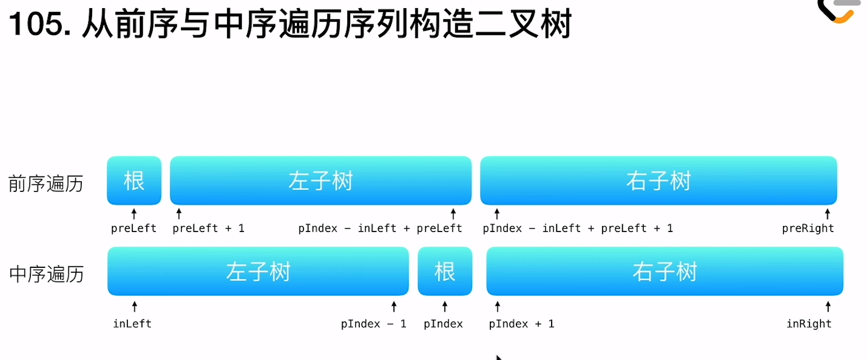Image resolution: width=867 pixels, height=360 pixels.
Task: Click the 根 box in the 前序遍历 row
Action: click(134, 181)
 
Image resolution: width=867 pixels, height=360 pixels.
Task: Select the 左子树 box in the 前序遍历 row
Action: click(320, 181)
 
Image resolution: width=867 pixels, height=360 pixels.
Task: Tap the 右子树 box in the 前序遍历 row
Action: click(658, 181)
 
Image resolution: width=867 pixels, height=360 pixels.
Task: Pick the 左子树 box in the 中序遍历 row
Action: click(258, 271)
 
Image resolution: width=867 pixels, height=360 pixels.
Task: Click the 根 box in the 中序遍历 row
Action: click(445, 271)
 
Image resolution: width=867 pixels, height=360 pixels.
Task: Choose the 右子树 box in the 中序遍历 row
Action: click(664, 271)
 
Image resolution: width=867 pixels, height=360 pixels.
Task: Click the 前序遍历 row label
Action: click(46, 183)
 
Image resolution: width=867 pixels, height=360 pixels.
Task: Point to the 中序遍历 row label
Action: click(47, 274)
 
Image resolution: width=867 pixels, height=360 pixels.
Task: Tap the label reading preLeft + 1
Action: click(208, 228)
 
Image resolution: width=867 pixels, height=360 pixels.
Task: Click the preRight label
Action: click(808, 228)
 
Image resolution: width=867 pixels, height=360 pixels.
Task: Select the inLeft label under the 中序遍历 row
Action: click(132, 324)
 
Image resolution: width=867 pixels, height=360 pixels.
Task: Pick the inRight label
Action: click(809, 324)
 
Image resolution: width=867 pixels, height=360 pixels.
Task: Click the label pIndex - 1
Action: click(373, 324)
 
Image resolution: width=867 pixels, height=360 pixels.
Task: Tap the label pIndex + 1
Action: click(521, 324)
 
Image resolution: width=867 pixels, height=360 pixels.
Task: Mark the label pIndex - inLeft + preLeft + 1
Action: click(578, 228)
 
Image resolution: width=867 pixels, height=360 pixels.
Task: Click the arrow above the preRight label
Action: click(827, 214)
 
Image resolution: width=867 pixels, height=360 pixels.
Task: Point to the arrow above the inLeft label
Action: click(134, 306)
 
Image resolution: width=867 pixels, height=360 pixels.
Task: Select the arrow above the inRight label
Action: click(828, 306)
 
